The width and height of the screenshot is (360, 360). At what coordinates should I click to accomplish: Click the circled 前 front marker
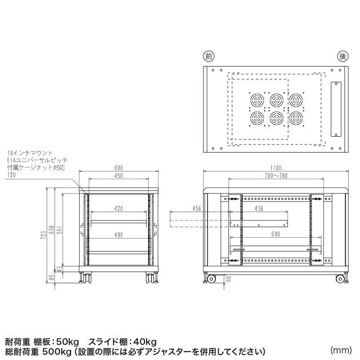pyautogui.click(x=208, y=57)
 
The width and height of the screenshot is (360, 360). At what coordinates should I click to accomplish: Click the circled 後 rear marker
pyautogui.click(x=342, y=57)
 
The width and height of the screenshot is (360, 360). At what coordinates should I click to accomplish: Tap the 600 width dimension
pyautogui.click(x=118, y=168)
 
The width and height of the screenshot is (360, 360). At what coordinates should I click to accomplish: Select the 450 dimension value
pyautogui.click(x=118, y=176)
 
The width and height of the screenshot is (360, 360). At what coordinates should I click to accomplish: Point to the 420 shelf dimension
pyautogui.click(x=119, y=208)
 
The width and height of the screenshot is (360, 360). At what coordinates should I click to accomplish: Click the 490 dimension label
pyautogui.click(x=119, y=234)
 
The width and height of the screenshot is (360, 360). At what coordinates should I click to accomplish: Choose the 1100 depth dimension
pyautogui.click(x=276, y=168)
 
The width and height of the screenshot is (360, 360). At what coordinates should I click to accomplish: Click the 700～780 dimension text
pyautogui.click(x=276, y=176)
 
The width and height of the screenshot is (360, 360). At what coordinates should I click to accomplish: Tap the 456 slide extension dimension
pyautogui.click(x=197, y=208)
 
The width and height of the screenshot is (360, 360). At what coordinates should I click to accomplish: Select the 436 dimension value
pyautogui.click(x=258, y=208)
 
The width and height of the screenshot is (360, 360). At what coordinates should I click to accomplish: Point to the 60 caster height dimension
pyautogui.click(x=229, y=279)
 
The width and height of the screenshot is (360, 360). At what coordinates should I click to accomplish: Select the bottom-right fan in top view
pyautogui.click(x=295, y=118)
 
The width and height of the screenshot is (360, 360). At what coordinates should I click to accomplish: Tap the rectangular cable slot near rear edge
pyautogui.click(x=336, y=109)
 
